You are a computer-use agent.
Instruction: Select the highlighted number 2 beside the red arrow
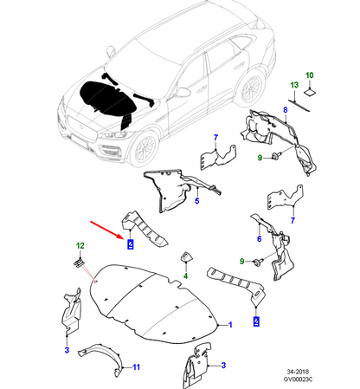[x=130, y=243]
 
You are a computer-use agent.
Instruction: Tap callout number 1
[x=231, y=324]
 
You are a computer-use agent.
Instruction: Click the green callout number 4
[x=183, y=280]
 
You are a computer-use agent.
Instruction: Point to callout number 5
[x=196, y=202]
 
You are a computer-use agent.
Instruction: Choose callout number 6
[x=259, y=238]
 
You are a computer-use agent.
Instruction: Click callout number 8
[x=217, y=136]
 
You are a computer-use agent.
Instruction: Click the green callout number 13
[x=293, y=85]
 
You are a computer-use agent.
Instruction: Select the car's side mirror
[x=183, y=91]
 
